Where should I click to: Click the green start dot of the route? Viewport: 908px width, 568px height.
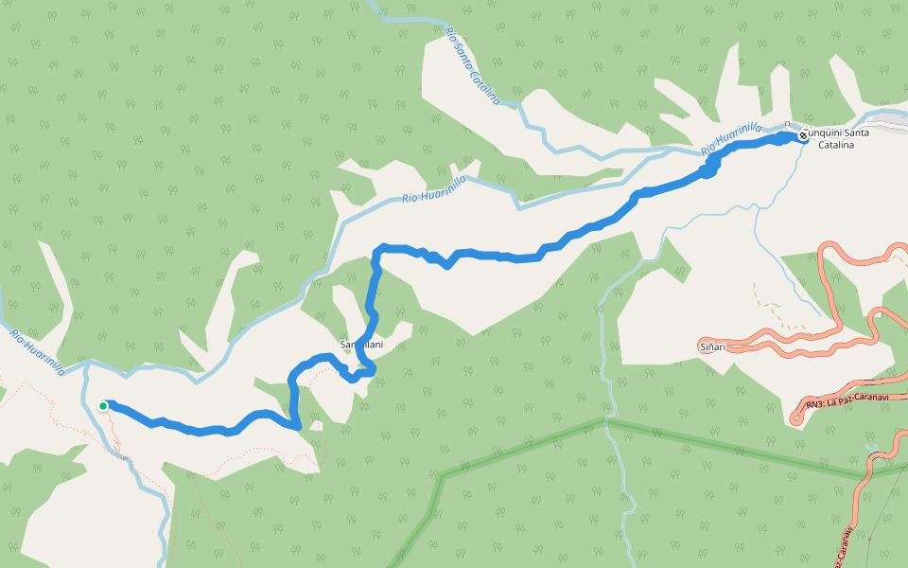pyautogui.click(x=103, y=406)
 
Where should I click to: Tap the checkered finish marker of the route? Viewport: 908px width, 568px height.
pyautogui.click(x=803, y=135)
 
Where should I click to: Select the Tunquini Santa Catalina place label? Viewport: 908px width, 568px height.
pyautogui.click(x=837, y=138)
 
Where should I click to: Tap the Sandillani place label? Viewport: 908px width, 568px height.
pyautogui.click(x=361, y=346)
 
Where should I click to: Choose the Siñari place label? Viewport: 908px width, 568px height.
pyautogui.click(x=712, y=347)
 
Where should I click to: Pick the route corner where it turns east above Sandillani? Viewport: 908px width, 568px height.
pyautogui.click(x=379, y=250)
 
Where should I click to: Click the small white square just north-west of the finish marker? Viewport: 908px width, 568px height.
pyautogui.click(x=787, y=124)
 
